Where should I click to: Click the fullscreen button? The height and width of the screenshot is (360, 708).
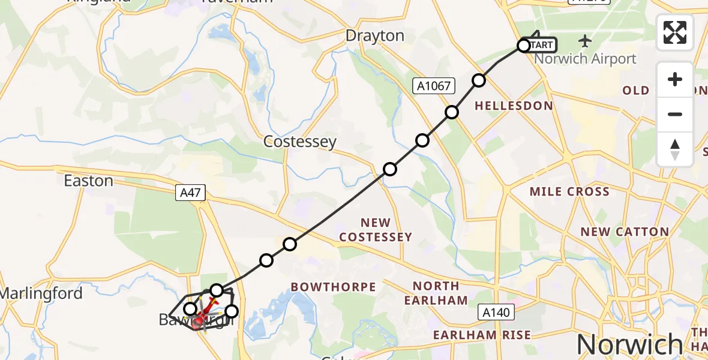(x=675, y=32)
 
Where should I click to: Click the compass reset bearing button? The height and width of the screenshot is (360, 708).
(x=675, y=149)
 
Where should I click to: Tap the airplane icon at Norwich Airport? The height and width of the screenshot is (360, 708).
(x=585, y=41)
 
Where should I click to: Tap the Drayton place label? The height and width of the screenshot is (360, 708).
(x=375, y=36)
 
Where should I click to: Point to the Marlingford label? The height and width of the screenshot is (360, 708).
(x=41, y=293)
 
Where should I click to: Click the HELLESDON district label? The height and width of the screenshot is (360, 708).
(x=514, y=106)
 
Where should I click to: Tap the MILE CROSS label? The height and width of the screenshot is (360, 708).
(x=569, y=192)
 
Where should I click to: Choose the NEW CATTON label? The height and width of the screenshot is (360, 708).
(x=625, y=232)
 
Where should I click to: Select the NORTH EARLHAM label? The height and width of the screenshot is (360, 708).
(x=436, y=293)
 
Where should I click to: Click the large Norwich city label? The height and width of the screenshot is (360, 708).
(x=629, y=344)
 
